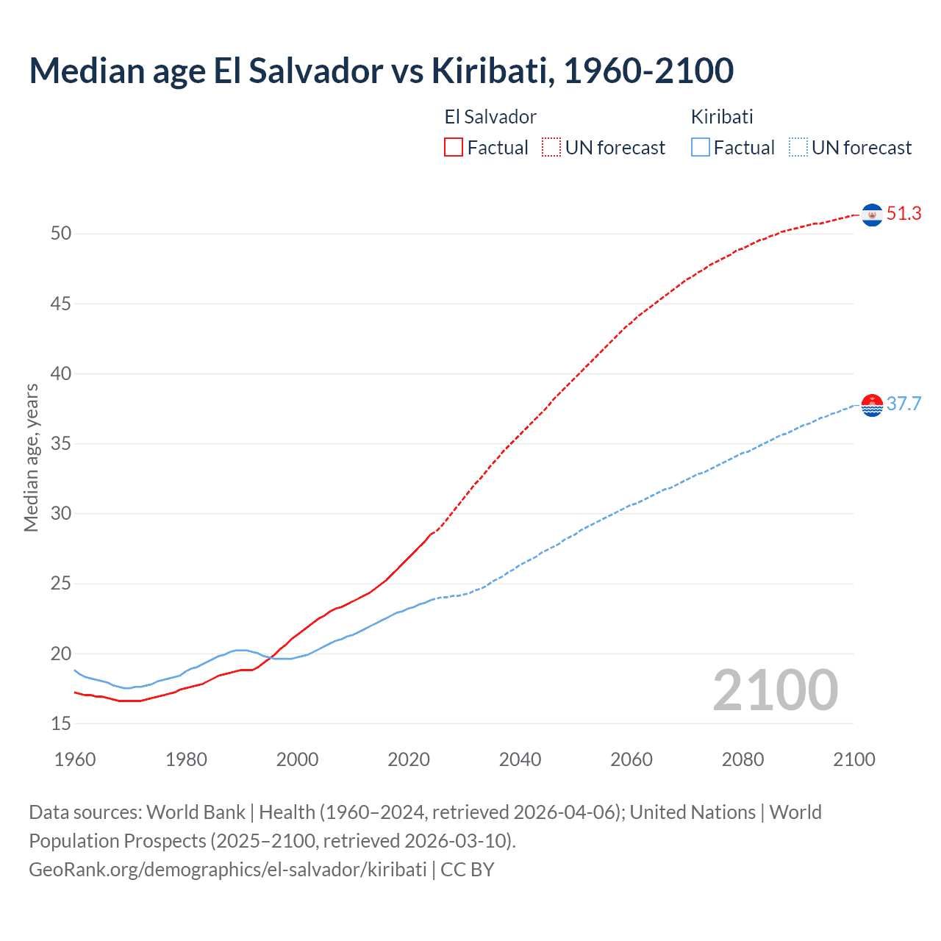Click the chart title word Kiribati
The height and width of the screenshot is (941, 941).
[x=491, y=71]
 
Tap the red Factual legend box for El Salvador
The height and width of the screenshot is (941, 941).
[x=454, y=147]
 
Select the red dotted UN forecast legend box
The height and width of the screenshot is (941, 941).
[x=551, y=147]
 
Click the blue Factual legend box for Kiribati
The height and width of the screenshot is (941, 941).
[x=701, y=147]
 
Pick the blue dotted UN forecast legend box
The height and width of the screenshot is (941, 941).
[x=798, y=147]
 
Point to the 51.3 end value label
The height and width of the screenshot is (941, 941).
[x=904, y=213]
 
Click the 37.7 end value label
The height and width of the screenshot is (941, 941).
[x=904, y=404]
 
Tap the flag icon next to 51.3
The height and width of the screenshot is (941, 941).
[x=872, y=215]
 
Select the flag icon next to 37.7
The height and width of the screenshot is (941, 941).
[x=872, y=405]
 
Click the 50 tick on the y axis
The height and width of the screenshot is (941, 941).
[x=61, y=234]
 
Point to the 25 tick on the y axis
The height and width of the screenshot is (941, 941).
[x=61, y=584]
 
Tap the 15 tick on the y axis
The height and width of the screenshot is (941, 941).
[x=61, y=724]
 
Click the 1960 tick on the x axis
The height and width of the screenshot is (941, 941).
[x=75, y=759]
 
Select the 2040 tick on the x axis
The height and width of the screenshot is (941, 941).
[x=520, y=759]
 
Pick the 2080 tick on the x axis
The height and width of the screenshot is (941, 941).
[x=743, y=759]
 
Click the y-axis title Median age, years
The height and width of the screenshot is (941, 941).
[x=31, y=457]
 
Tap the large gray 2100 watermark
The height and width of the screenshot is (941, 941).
[x=776, y=690]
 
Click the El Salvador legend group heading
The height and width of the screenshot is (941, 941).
[x=490, y=117]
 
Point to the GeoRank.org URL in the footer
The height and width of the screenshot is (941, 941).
[x=228, y=869]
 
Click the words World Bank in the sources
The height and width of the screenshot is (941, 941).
[x=196, y=812]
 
